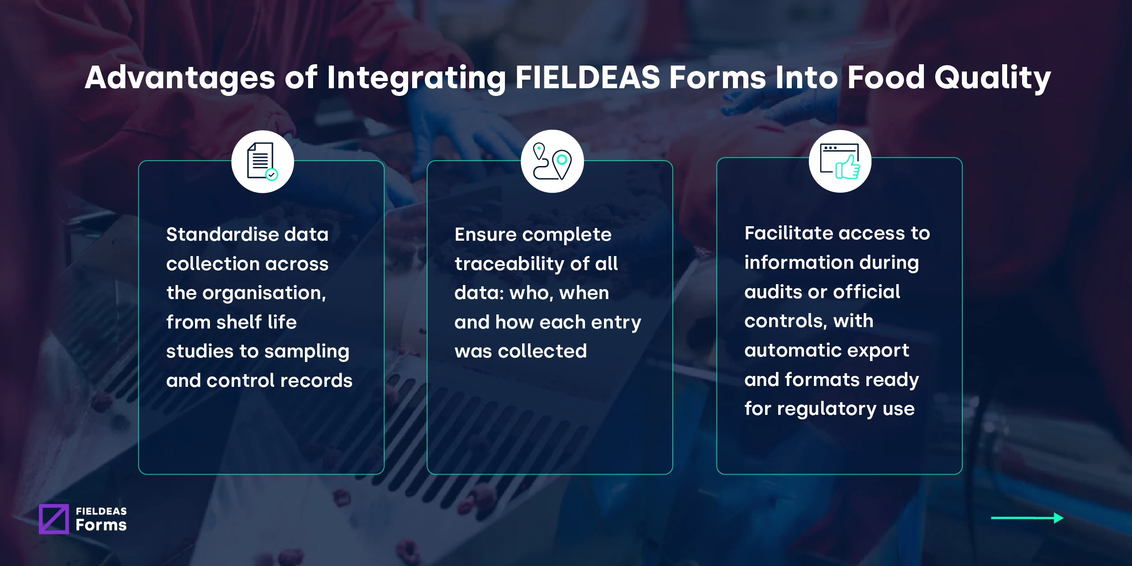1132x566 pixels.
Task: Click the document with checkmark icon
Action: pos(262,162)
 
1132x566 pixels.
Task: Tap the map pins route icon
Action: pos(552,162)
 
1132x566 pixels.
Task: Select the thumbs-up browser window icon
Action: pos(840,162)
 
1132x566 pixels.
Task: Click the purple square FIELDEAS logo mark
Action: pos(54,519)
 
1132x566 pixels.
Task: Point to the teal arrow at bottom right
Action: pos(1027,518)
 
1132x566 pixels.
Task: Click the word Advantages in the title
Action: pos(180,77)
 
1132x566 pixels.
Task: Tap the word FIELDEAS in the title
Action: pos(588,77)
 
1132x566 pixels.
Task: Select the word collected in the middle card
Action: pos(542,351)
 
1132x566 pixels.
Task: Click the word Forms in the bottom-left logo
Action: pos(101,525)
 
